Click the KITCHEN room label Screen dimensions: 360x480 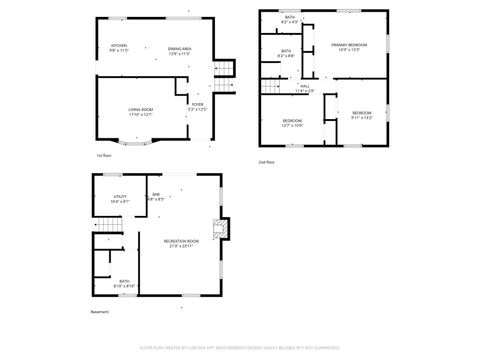[119, 48]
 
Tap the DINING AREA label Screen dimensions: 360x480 [179, 48]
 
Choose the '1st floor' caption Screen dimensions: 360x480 [103, 156]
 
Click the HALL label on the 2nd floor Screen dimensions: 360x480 [304, 88]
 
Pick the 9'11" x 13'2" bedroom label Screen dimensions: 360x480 [361, 115]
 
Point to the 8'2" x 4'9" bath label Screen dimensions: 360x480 [289, 19]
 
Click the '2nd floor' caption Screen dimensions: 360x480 [266, 161]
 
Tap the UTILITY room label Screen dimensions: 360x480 [119, 199]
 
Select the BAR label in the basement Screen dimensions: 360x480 [156, 196]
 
